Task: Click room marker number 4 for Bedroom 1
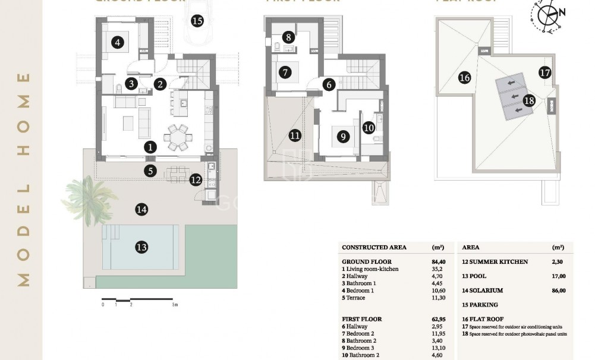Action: [117, 42]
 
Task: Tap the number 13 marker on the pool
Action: [141, 247]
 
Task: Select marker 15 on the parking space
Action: [197, 21]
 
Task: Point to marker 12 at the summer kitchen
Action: [196, 179]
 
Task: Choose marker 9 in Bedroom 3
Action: [342, 137]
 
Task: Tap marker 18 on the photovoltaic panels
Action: [529, 100]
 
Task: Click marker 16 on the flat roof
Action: [465, 78]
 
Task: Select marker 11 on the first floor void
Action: [295, 135]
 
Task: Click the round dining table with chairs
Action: [177, 138]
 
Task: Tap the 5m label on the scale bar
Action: [175, 305]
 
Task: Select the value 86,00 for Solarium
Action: [558, 290]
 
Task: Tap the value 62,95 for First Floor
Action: [439, 319]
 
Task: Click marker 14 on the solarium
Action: [141, 209]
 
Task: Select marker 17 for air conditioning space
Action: [545, 73]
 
